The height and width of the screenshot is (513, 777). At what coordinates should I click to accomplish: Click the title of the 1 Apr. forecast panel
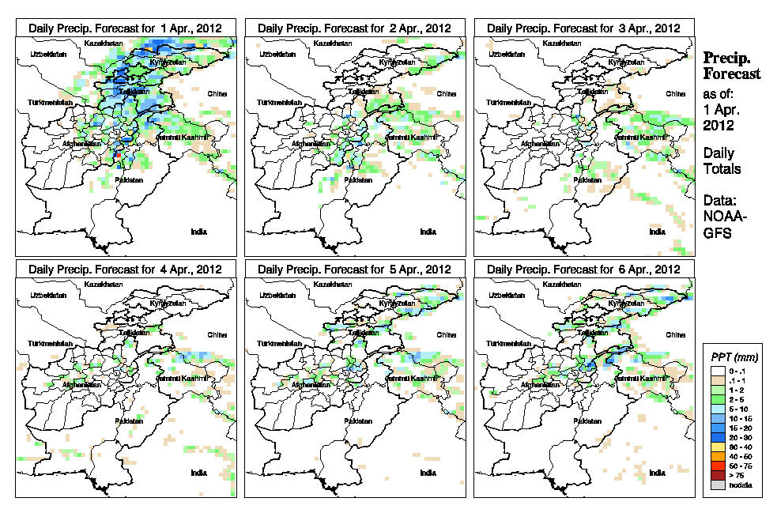click(126, 28)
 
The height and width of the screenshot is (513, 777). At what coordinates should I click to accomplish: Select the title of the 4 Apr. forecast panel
click(126, 270)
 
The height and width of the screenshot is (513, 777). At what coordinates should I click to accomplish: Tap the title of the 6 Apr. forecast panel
click(583, 270)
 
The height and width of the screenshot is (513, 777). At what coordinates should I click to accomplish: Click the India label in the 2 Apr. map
click(428, 232)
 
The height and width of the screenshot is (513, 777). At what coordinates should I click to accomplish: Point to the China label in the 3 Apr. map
click(675, 93)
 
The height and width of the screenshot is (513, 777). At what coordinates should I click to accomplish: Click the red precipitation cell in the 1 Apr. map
click(119, 157)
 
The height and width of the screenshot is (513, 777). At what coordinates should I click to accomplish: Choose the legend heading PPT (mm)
click(734, 357)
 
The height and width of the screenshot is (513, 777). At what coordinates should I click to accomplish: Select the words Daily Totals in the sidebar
click(722, 160)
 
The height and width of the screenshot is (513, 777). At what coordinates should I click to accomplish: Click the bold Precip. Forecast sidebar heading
click(732, 66)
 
